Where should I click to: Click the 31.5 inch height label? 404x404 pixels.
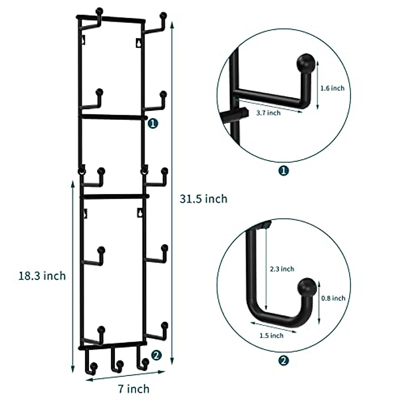pos(203,199)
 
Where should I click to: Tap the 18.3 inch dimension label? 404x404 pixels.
pos(42,276)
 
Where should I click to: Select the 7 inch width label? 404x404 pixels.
pos(134,389)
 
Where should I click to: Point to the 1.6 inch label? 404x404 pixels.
pos(332,88)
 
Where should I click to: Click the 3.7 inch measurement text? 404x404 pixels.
pos(268,113)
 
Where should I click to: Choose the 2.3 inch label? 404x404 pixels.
pos(282,269)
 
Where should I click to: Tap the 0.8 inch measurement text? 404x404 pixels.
pos(333,298)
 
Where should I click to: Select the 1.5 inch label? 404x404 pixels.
pos(271,335)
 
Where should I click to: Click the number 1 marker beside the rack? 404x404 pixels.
pos(153,124)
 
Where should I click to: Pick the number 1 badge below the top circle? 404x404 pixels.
pos(284,171)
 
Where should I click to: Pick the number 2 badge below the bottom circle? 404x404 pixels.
pos(284,361)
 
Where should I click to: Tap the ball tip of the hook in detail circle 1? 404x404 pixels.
pos(306,63)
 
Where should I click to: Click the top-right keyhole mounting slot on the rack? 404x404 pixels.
pos(138,43)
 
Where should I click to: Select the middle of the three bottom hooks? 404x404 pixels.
pos(115,362)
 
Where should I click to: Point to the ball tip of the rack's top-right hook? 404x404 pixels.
pos(163,15)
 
